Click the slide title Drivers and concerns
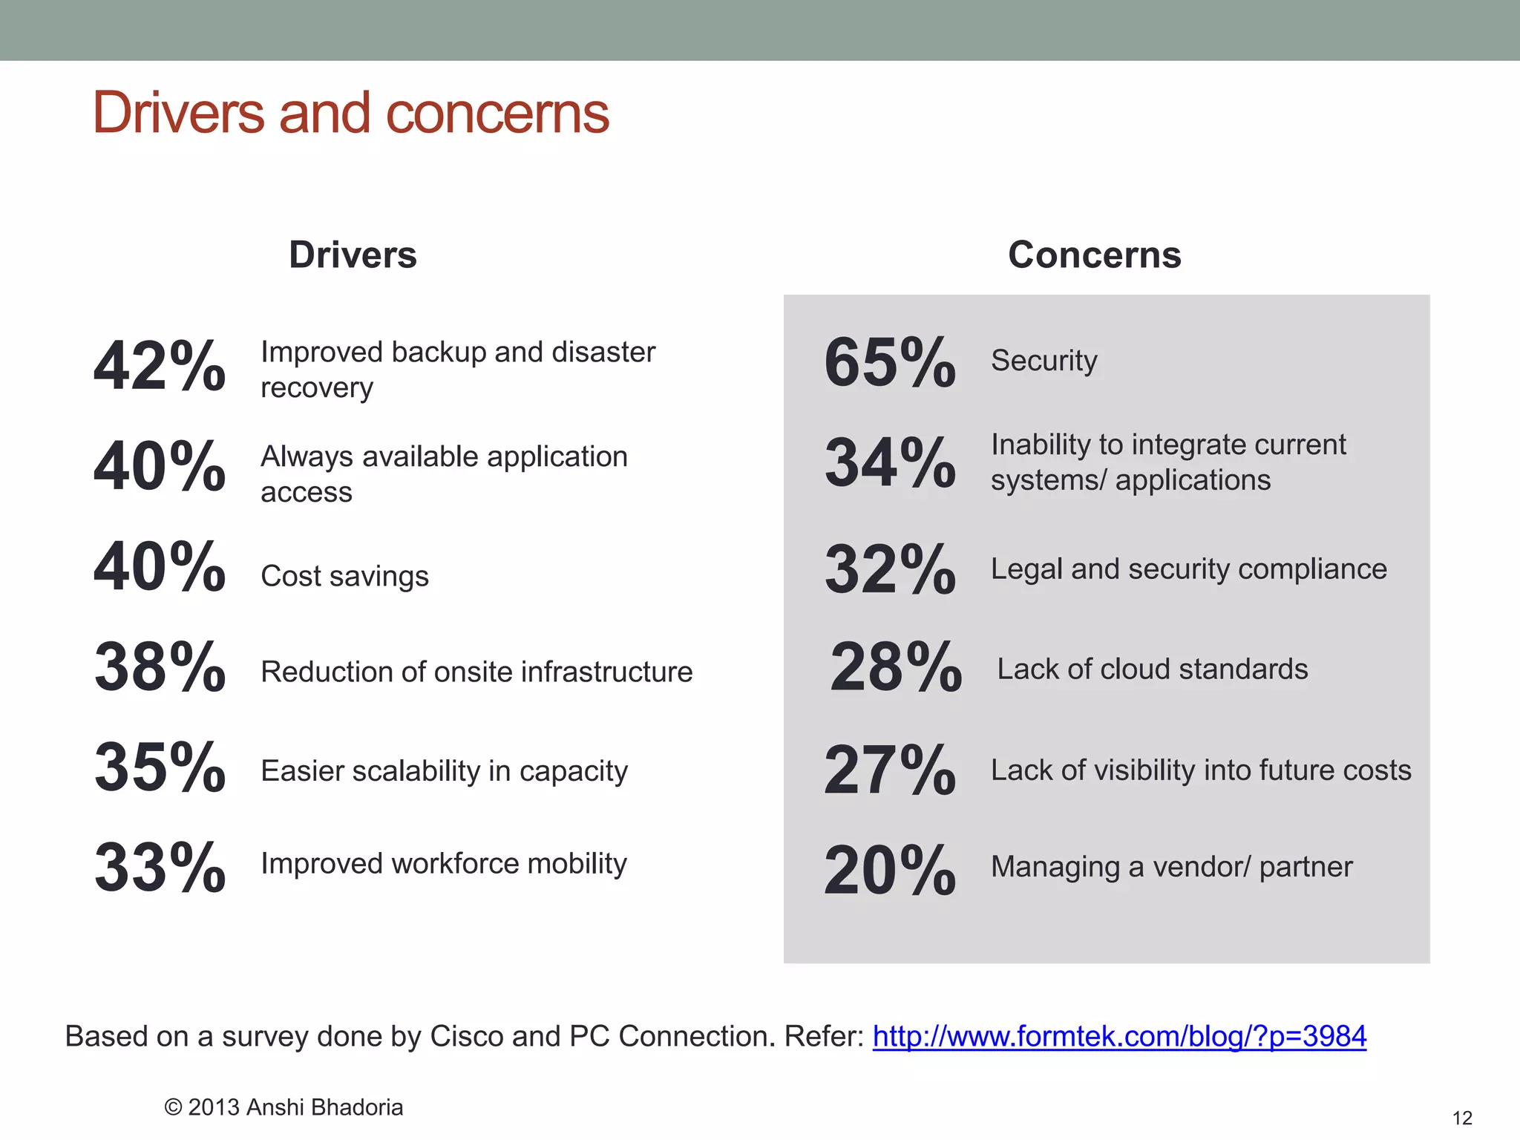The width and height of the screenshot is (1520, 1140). [x=350, y=113]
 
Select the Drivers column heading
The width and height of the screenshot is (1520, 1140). [x=353, y=255]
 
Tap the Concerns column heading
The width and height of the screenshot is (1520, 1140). [x=1094, y=255]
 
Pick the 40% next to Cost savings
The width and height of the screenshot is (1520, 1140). [x=160, y=567]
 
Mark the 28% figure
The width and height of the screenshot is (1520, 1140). [x=896, y=667]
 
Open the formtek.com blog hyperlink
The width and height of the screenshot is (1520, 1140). [x=1119, y=1036]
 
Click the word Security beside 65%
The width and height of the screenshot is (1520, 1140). [x=1044, y=361]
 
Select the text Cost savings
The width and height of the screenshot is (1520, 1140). [x=344, y=577]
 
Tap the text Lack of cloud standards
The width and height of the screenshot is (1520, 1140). [x=1152, y=669]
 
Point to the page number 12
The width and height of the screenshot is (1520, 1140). [x=1461, y=1118]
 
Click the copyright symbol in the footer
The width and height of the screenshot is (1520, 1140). [x=173, y=1107]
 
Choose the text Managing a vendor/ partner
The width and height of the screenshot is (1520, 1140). [x=1171, y=867]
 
